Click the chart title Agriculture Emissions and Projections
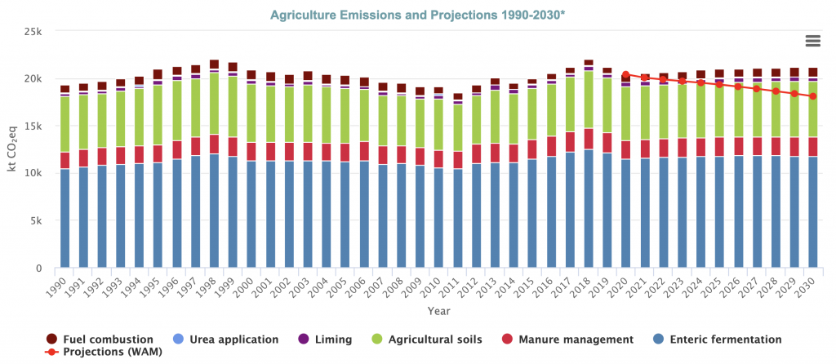(417, 15)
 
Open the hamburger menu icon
(812, 41)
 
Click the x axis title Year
(440, 310)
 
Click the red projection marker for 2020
(625, 74)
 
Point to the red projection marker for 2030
(812, 96)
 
